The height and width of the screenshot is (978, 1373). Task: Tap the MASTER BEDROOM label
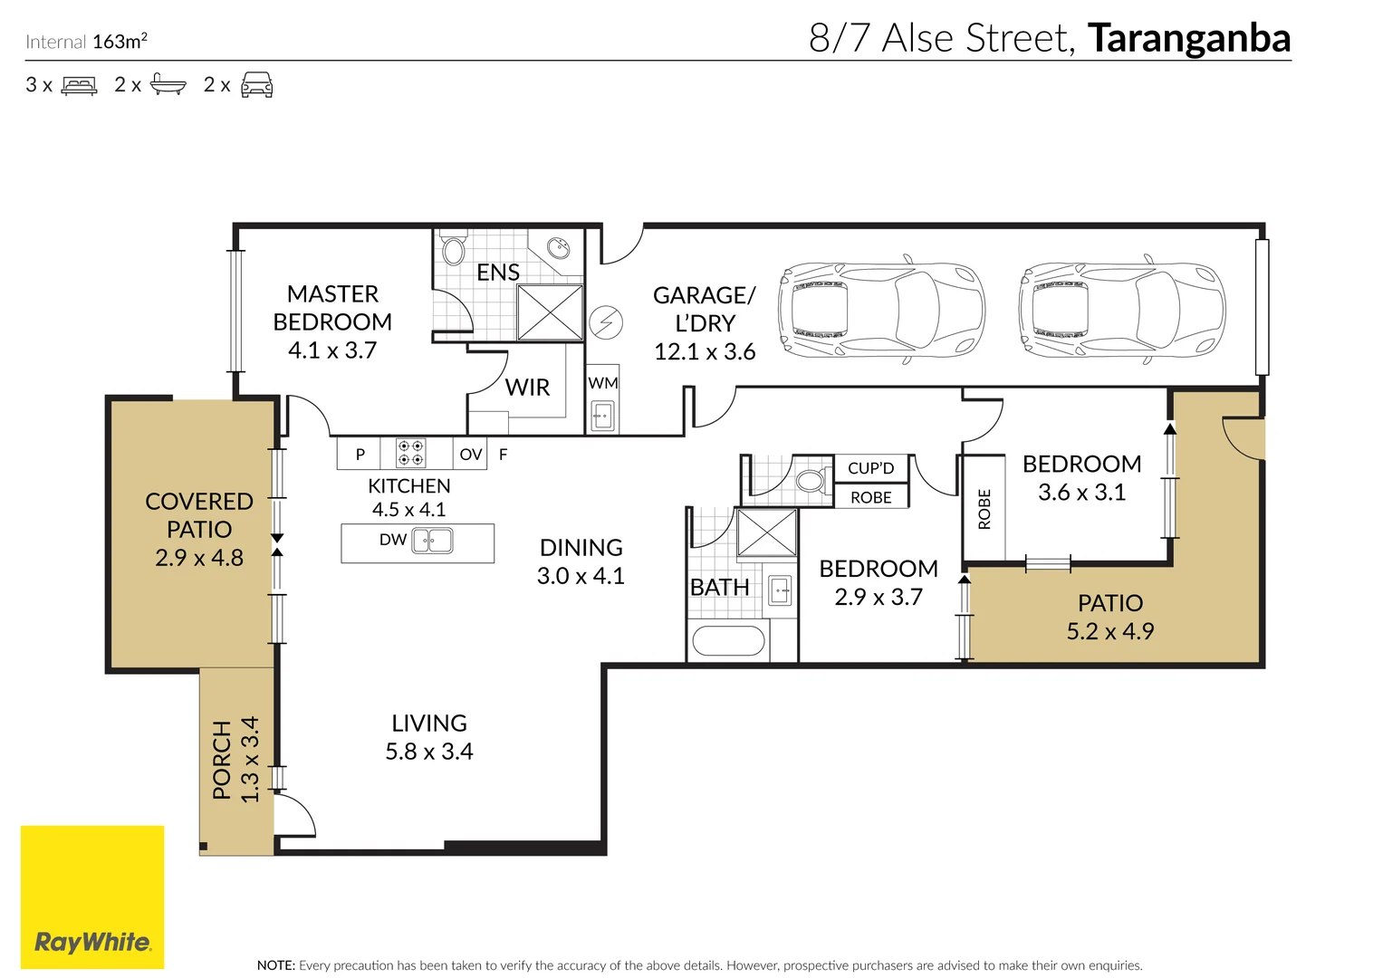tap(332, 308)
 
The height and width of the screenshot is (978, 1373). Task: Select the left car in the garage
tap(880, 312)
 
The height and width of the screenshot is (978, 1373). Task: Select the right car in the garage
tap(1121, 312)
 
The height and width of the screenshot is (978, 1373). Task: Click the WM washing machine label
tap(602, 383)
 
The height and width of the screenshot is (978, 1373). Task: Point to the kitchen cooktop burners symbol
tap(411, 453)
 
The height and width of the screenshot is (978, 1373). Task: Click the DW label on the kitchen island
tap(392, 540)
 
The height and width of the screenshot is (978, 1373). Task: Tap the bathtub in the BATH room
tap(728, 641)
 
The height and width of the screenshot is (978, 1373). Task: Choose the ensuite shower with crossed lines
tap(550, 312)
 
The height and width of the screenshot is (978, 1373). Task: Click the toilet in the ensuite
tap(454, 250)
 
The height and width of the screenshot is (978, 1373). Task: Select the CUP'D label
tap(870, 468)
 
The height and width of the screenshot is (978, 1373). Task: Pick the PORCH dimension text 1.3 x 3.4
tap(250, 759)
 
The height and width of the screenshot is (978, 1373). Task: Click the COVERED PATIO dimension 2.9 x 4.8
tap(199, 558)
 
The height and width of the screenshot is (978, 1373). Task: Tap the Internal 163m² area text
tap(87, 42)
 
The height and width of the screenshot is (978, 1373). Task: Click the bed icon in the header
tap(79, 86)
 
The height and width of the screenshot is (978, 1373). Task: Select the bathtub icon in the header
tap(168, 85)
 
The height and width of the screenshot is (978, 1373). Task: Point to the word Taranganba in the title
tap(1188, 38)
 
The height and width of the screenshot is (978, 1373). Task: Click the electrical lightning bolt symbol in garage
tap(606, 321)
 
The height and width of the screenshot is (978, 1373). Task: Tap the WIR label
tap(527, 388)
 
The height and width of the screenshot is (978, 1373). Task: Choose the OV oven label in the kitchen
tap(470, 455)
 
